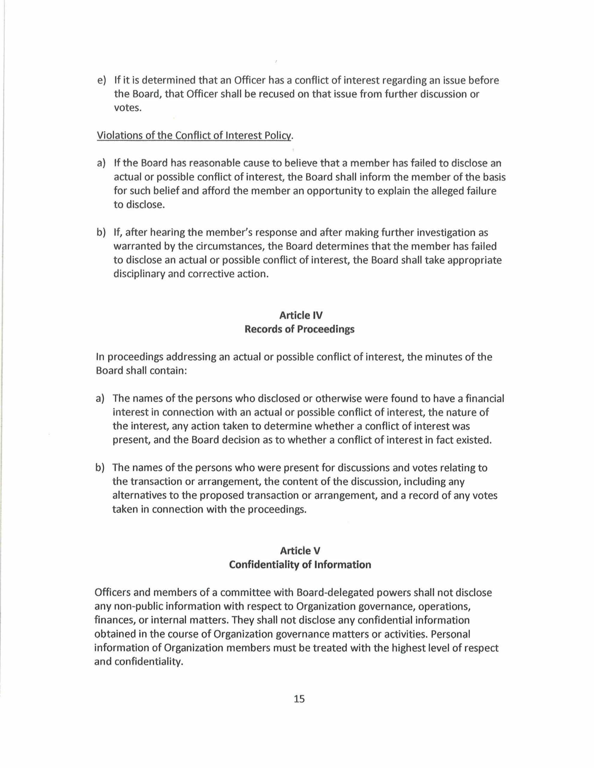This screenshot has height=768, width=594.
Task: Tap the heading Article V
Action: point(300,551)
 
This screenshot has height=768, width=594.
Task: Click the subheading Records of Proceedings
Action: point(300,329)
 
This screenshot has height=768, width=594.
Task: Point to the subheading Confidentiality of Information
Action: point(300,565)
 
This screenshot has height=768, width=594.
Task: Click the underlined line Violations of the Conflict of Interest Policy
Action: point(194,136)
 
